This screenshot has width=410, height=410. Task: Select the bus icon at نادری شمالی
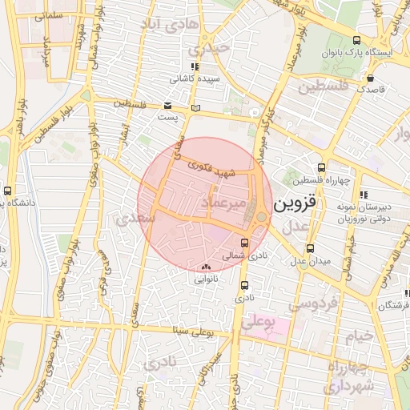244,243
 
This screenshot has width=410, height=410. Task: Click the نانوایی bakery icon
207,267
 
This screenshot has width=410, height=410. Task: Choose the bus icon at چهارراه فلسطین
321,168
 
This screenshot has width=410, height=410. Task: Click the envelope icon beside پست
167,106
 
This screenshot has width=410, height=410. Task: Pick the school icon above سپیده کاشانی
193,67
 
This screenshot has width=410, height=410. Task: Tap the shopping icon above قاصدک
372,78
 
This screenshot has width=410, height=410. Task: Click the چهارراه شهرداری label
350,376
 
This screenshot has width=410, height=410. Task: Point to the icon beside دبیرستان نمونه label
364,195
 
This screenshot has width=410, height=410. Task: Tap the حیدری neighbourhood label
216,48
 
